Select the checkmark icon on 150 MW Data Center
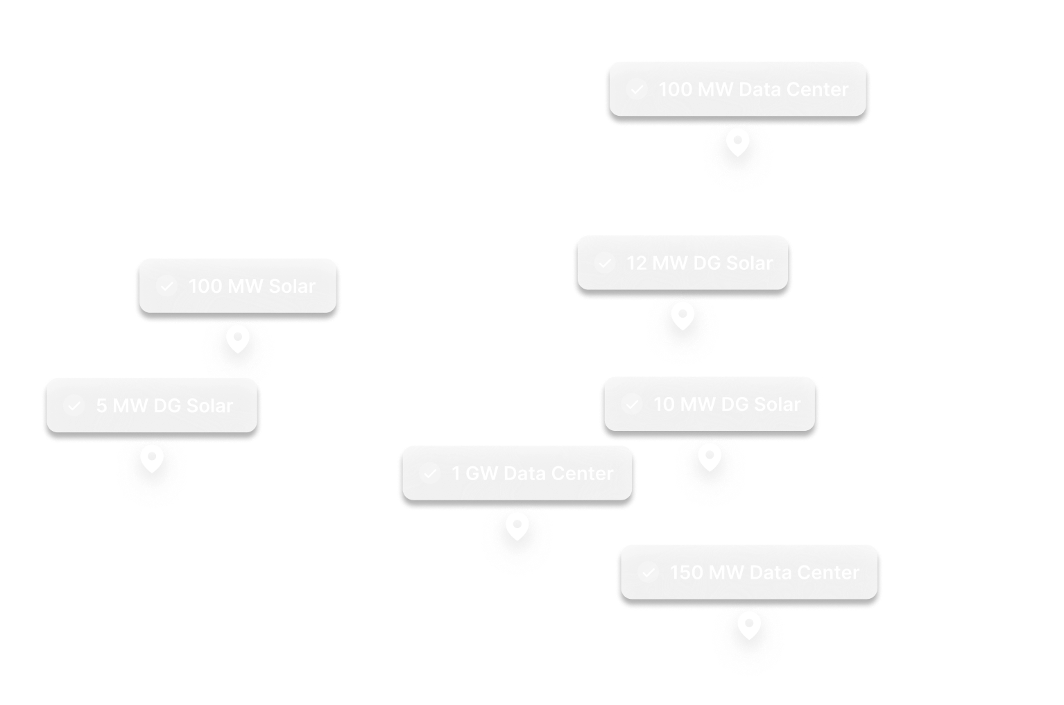pyautogui.click(x=648, y=572)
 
